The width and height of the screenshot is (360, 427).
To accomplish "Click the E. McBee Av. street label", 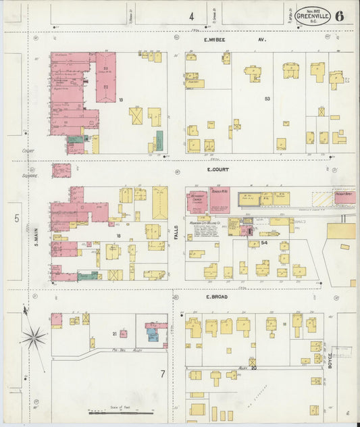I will click(235, 40).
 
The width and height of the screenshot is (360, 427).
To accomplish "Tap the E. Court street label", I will click(220, 172).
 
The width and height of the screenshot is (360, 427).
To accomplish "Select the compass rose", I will click(33, 336).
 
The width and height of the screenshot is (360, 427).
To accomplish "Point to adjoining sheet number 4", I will click(191, 16).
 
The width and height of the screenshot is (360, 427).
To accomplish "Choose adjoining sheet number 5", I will click(16, 218).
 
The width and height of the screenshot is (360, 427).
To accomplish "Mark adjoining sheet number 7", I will click(162, 374).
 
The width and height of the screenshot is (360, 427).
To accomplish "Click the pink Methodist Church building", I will click(197, 200).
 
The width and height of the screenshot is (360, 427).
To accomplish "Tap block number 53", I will click(267, 99).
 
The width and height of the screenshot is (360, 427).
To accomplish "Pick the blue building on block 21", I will click(153, 334).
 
